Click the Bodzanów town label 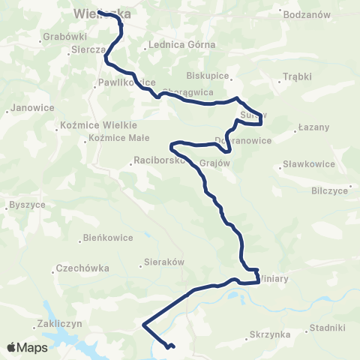point(306,14)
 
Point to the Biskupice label point(206,76)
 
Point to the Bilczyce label point(330,190)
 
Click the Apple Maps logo point(27,347)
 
